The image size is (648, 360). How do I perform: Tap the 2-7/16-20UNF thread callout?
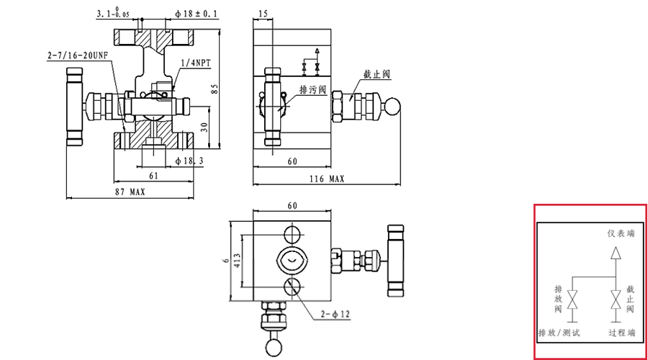[x=77, y=55]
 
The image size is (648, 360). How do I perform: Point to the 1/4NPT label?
[x=196, y=63]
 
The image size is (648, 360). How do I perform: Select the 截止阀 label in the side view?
[x=377, y=75]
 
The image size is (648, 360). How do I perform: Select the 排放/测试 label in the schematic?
[x=559, y=333]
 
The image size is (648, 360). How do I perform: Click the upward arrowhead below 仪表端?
[x=615, y=253]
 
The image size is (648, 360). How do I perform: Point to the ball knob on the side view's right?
[x=392, y=105]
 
